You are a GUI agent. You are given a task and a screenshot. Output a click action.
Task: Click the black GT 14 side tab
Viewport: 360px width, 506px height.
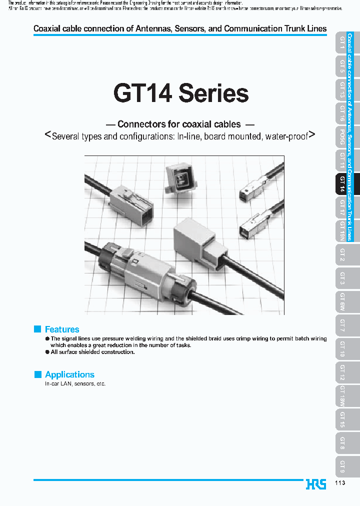pyautogui.click(x=342, y=184)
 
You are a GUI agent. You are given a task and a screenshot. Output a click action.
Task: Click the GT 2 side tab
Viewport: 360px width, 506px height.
pyautogui.click(x=342, y=255)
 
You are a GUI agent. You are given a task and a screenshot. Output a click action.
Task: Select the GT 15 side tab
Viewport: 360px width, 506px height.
pyautogui.click(x=342, y=419)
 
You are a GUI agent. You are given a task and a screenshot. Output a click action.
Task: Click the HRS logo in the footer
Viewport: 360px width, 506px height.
pyautogui.click(x=315, y=484)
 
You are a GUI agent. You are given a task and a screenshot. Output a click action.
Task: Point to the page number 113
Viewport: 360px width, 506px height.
pyautogui.click(x=339, y=482)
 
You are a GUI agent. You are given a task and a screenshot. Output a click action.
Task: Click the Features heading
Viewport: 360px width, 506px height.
pyautogui.click(x=62, y=329)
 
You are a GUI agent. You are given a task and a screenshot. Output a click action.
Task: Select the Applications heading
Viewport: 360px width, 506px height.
pyautogui.click(x=69, y=374)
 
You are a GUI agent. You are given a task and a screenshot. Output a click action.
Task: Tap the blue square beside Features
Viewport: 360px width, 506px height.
pyautogui.click(x=37, y=329)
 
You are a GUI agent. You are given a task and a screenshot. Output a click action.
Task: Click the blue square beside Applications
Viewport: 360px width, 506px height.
pyautogui.click(x=37, y=374)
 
